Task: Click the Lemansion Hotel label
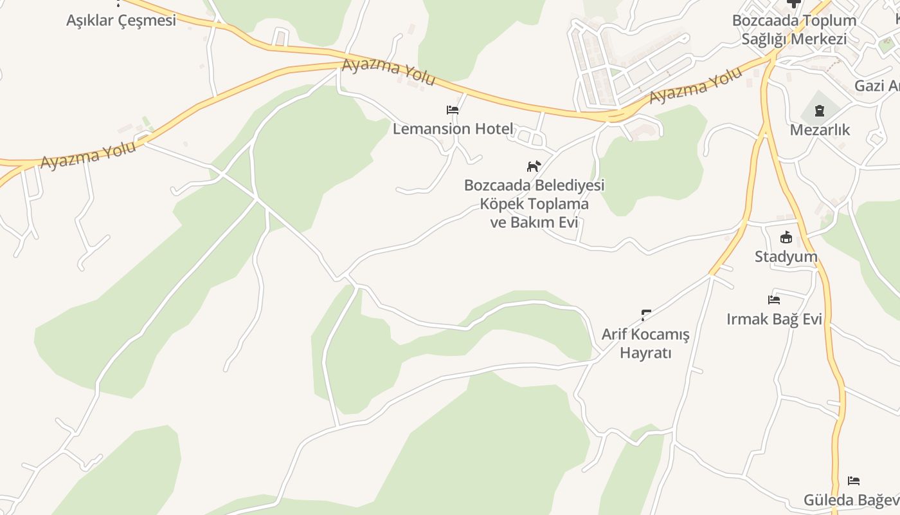click(453, 129)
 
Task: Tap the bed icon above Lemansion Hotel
click(453, 110)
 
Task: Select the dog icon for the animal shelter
click(534, 167)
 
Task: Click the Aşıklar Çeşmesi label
click(121, 21)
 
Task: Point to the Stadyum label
click(786, 257)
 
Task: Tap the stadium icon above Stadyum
click(786, 237)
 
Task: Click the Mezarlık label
click(820, 130)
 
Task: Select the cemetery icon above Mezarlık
click(820, 111)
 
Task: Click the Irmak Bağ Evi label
click(774, 319)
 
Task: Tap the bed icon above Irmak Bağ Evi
click(774, 300)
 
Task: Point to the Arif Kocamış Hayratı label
click(645, 344)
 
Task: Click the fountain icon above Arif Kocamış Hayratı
click(646, 315)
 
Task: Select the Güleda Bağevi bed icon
click(854, 481)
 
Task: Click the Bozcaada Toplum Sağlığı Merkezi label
click(794, 30)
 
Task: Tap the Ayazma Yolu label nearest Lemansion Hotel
click(389, 72)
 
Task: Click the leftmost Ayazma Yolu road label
click(88, 155)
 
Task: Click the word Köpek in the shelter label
click(501, 204)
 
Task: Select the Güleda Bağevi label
click(851, 500)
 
